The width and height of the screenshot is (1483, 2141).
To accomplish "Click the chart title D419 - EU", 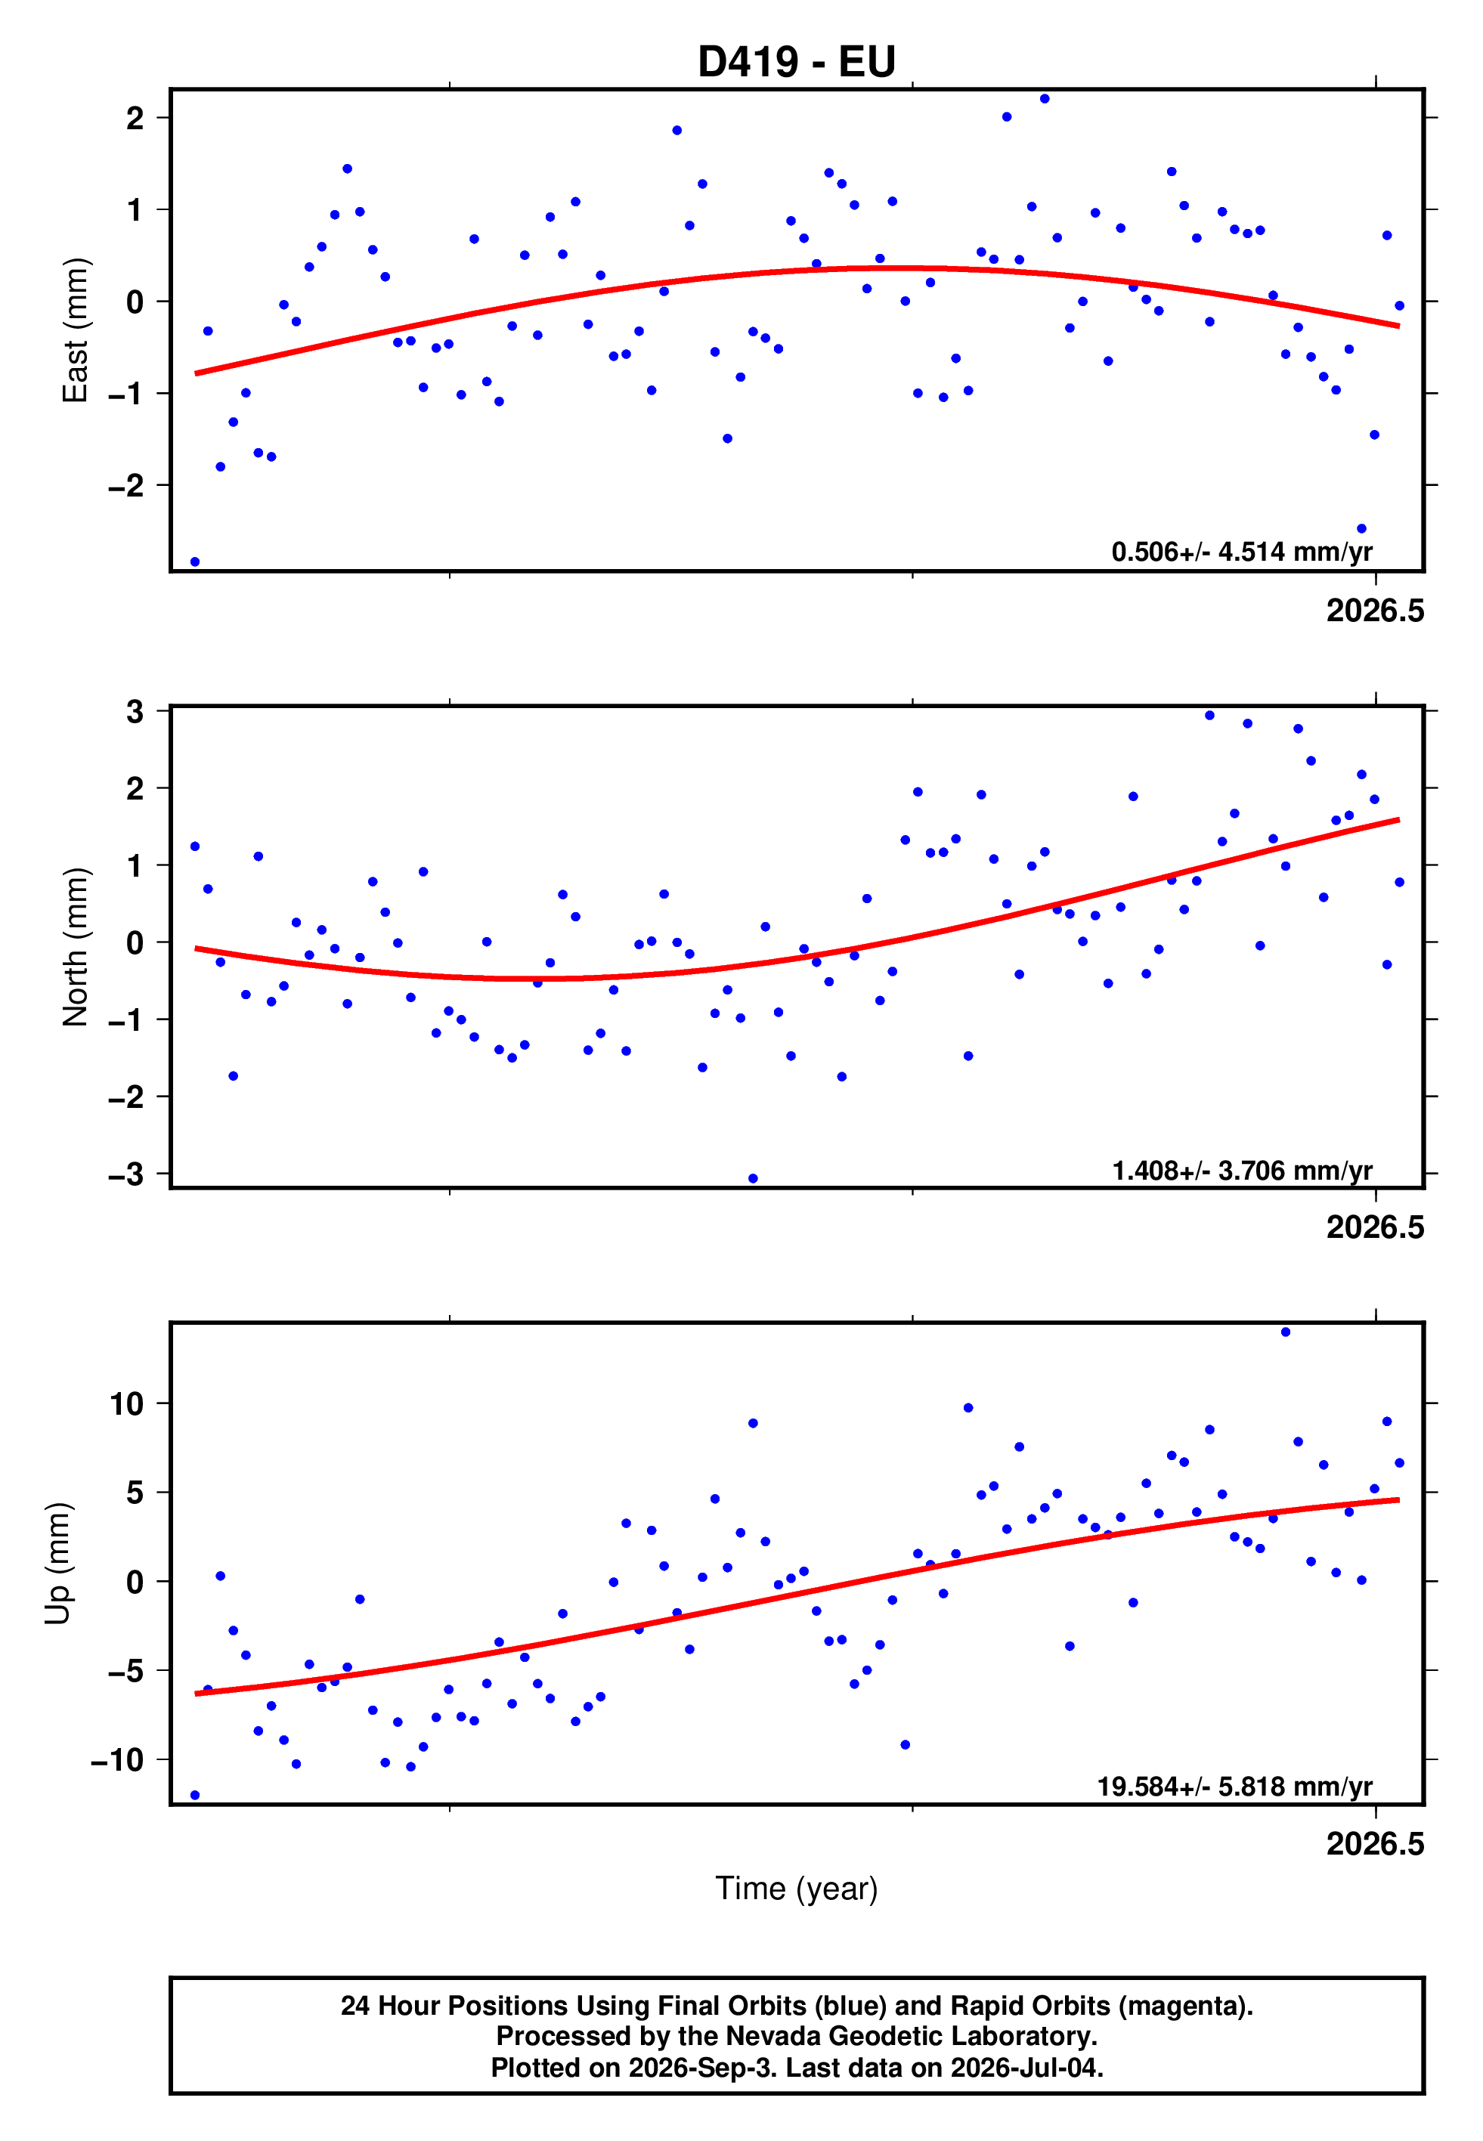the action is click(797, 62).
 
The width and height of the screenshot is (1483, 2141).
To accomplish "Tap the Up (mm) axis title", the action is click(57, 1564).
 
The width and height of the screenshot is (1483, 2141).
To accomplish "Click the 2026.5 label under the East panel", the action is click(1375, 611).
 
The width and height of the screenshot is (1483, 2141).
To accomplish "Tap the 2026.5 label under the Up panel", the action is click(1375, 1844).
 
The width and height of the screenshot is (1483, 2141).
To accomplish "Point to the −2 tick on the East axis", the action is click(126, 486).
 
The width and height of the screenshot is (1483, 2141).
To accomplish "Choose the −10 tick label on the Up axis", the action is click(118, 1760).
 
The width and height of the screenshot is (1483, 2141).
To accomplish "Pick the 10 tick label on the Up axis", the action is click(127, 1403).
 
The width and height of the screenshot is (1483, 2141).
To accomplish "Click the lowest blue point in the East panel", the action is click(195, 562).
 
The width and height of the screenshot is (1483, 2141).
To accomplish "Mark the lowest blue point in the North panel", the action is click(753, 1179).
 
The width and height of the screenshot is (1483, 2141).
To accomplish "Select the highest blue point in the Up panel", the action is click(1286, 1332).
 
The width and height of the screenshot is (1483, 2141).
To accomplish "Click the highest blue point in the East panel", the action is click(1045, 98).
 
